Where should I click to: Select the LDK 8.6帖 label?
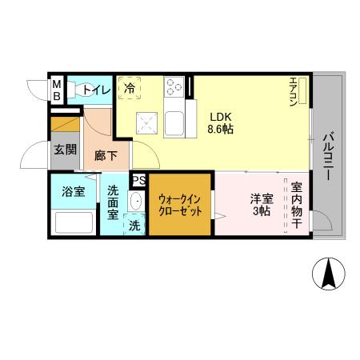(221, 121)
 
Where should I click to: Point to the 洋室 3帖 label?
(261, 205)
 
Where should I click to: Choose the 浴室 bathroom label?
(74, 192)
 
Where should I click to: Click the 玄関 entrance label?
(65, 148)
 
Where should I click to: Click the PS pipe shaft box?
(138, 181)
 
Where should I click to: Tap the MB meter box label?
(57, 90)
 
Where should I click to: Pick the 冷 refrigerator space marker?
(129, 88)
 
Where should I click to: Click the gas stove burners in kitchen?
(174, 86)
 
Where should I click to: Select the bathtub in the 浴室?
(74, 222)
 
